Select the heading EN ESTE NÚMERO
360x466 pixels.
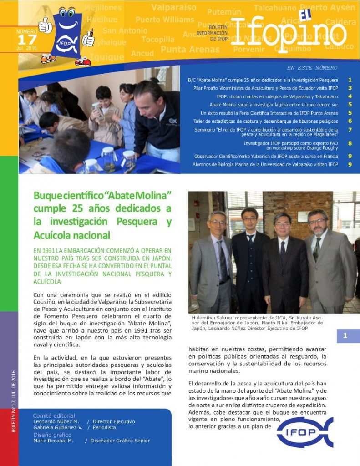(312, 68)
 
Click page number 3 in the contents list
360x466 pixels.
(350, 88)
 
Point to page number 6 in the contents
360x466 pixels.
(350, 121)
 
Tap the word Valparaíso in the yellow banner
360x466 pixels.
(173, 7)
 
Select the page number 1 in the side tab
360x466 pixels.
(345, 336)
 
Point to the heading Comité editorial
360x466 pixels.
(54, 415)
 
